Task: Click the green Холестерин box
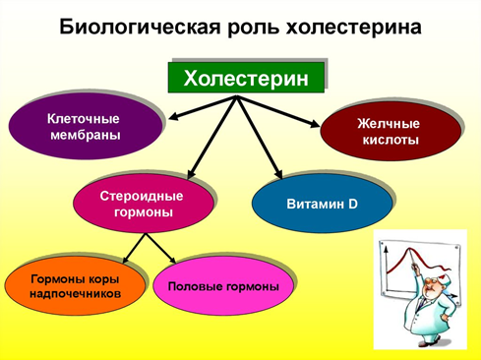tap(246, 78)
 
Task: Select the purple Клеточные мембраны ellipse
tap(86, 126)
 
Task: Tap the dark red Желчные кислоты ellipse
tap(391, 131)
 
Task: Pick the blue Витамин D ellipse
tap(322, 204)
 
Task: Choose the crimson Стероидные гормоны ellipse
tap(144, 204)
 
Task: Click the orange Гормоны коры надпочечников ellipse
tap(75, 286)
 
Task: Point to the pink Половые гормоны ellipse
tap(223, 286)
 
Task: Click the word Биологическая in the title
tap(140, 27)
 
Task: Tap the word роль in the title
tap(253, 28)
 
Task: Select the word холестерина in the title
tap(353, 28)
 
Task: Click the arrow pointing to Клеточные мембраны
tap(203, 107)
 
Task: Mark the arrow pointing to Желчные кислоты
tap(278, 111)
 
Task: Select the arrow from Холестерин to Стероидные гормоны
tap(212, 138)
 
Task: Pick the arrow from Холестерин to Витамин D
tap(259, 138)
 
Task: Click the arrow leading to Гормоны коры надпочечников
tap(134, 248)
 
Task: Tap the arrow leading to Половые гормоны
tap(161, 248)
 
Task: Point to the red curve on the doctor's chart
tap(420, 261)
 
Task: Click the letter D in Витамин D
tap(353, 204)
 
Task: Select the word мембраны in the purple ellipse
tap(86, 135)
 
